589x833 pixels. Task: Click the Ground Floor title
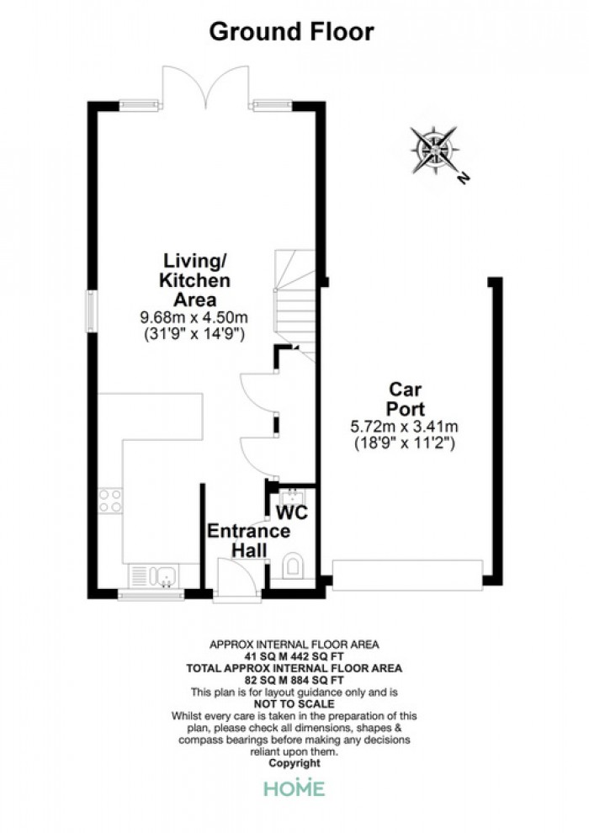click(x=292, y=32)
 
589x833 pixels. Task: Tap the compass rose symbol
click(x=434, y=150)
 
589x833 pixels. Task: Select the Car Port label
click(x=406, y=399)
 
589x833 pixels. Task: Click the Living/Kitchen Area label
click(x=195, y=280)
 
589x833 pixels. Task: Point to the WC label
click(x=292, y=512)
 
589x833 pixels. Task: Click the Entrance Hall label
click(x=248, y=540)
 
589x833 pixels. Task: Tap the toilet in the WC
click(x=293, y=566)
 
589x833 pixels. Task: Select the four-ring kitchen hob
click(x=110, y=501)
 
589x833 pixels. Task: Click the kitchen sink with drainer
click(x=154, y=576)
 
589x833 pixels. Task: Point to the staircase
click(x=294, y=305)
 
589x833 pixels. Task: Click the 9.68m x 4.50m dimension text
click(x=194, y=318)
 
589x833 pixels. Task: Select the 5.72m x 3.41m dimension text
click(x=404, y=426)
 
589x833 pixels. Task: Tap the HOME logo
click(x=294, y=788)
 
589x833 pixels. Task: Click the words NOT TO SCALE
click(x=294, y=704)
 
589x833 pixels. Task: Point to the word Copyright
click(x=294, y=763)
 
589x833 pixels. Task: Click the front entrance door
click(x=237, y=579)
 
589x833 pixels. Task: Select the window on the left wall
click(x=93, y=312)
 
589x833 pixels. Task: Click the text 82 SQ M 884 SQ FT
click(x=294, y=680)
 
